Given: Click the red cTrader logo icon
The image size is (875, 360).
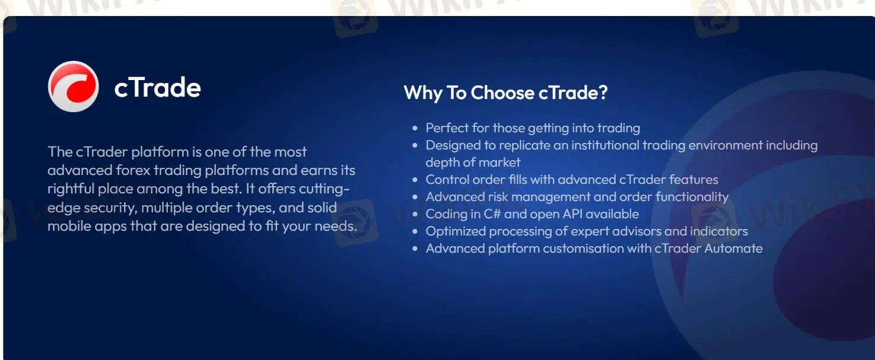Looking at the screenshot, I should tap(73, 87).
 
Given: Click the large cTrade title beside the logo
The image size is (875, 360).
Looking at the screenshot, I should tap(157, 88).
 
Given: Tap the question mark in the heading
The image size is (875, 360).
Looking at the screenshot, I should tap(603, 93).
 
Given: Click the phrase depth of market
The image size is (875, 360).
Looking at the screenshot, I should tap(473, 163).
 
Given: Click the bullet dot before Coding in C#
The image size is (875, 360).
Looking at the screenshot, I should tap(415, 215).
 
